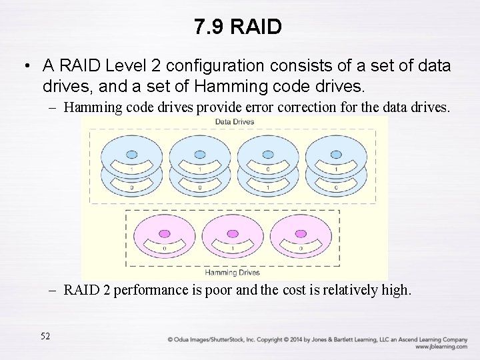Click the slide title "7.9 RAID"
[238, 27]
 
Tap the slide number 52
[45, 336]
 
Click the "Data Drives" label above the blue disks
[234, 122]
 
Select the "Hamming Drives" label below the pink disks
[233, 272]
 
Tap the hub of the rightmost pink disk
[300, 233]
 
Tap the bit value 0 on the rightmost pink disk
[301, 249]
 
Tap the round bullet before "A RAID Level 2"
[26, 67]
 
